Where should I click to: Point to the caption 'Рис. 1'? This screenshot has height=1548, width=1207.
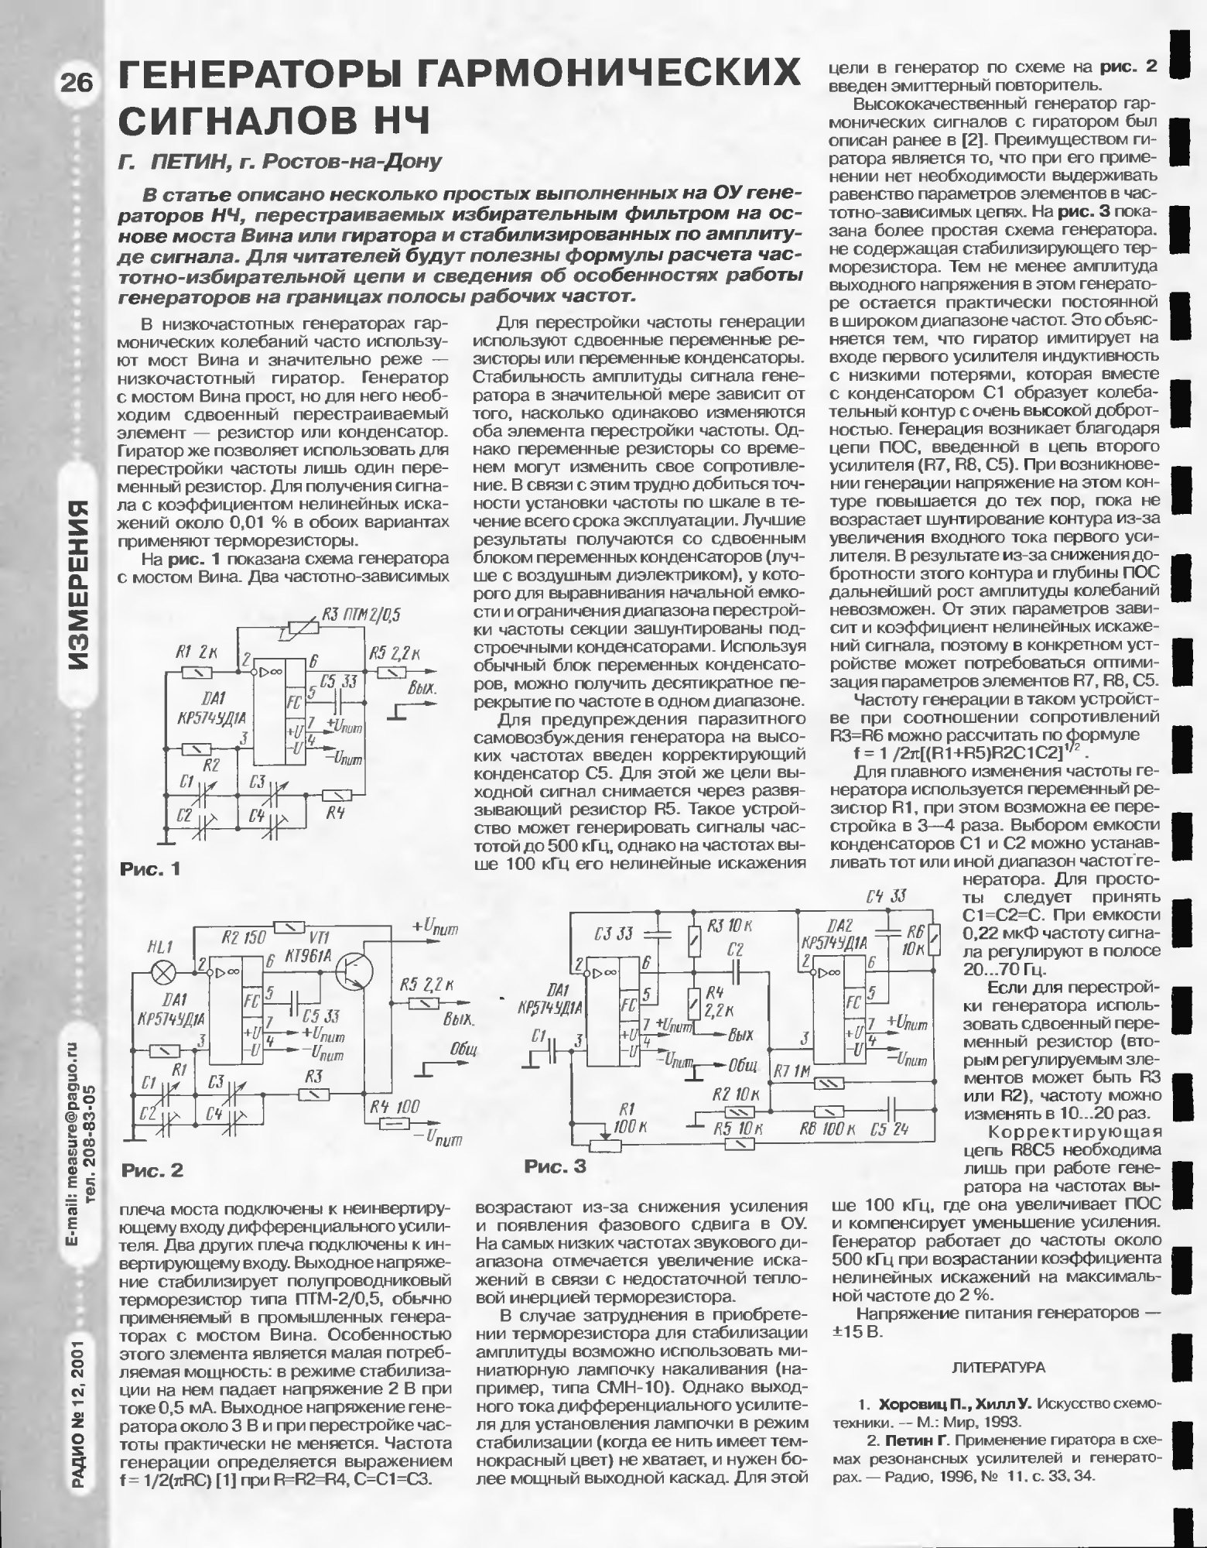[x=150, y=869]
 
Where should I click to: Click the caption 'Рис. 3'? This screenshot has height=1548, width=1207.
[x=556, y=1166]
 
